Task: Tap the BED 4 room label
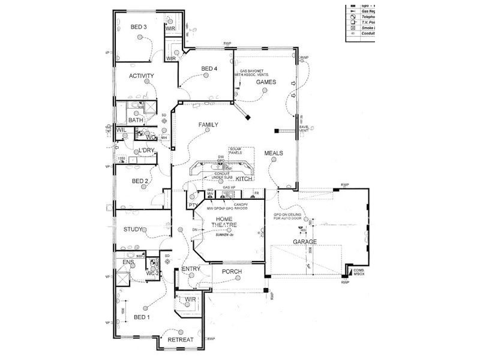click(x=209, y=68)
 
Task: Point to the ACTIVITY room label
click(x=142, y=76)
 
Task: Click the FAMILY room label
click(x=208, y=125)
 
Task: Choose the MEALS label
click(x=273, y=153)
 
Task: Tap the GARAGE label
click(x=304, y=242)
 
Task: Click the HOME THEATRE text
click(x=224, y=221)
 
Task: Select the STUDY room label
click(x=133, y=229)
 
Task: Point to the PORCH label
click(x=232, y=272)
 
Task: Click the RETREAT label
click(x=180, y=340)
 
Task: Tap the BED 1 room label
click(x=142, y=317)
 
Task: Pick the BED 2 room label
click(x=140, y=181)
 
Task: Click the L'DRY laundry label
click(x=147, y=151)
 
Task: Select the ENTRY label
click(x=191, y=269)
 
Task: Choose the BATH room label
click(x=136, y=120)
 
